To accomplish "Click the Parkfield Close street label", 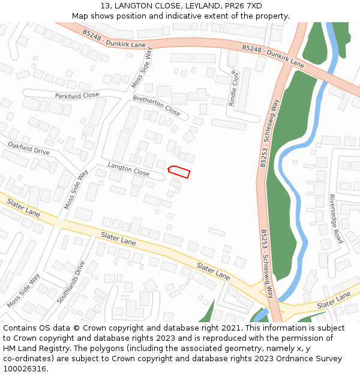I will pos(77,95).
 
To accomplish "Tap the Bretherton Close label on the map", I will pos(156,106).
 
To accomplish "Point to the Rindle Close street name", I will pos(234,88).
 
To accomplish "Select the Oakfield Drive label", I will pos(29,148).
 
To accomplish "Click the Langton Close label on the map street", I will pos(128,169).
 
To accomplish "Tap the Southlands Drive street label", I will pos(71,282).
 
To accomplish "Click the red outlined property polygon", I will pos(179,172).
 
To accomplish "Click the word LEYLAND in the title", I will pos(205,5).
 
